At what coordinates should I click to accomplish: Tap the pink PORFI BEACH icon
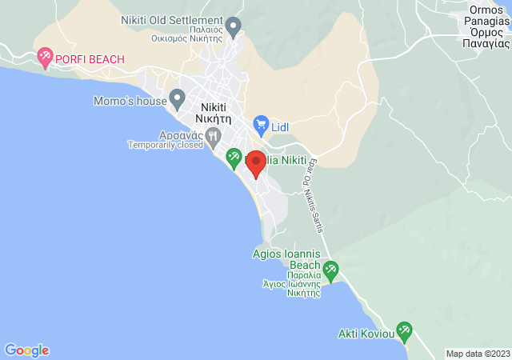pyautogui.click(x=44, y=57)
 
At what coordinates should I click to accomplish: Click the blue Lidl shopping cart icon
pyautogui.click(x=260, y=125)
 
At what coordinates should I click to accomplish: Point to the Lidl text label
pyautogui.click(x=280, y=126)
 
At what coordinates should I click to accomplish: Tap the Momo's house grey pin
pyautogui.click(x=178, y=99)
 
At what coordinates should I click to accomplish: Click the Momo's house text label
pyautogui.click(x=130, y=102)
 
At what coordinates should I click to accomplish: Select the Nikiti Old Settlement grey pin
pyautogui.click(x=234, y=26)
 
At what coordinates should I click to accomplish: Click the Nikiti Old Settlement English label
pyautogui.click(x=171, y=20)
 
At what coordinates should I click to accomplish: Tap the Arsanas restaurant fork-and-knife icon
pyautogui.click(x=212, y=136)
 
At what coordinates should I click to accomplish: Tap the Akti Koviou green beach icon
pyautogui.click(x=404, y=330)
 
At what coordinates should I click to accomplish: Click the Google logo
pyautogui.click(x=26, y=350)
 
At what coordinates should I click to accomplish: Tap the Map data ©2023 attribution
pyautogui.click(x=477, y=354)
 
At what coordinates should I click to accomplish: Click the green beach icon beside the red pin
pyautogui.click(x=234, y=156)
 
